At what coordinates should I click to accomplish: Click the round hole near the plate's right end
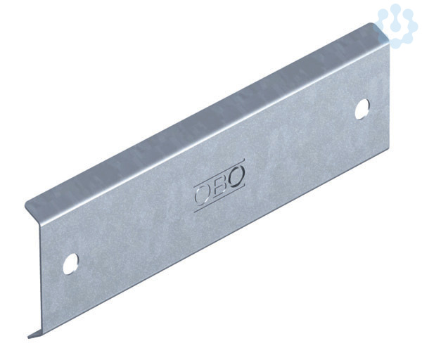click(362, 109)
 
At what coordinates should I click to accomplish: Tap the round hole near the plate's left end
click(70, 264)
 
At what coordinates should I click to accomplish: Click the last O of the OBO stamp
click(237, 175)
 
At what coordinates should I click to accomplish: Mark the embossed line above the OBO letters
click(219, 172)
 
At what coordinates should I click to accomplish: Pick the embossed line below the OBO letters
click(219, 198)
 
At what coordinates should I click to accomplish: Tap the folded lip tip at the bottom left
click(29, 337)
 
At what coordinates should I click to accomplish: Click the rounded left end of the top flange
click(26, 205)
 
